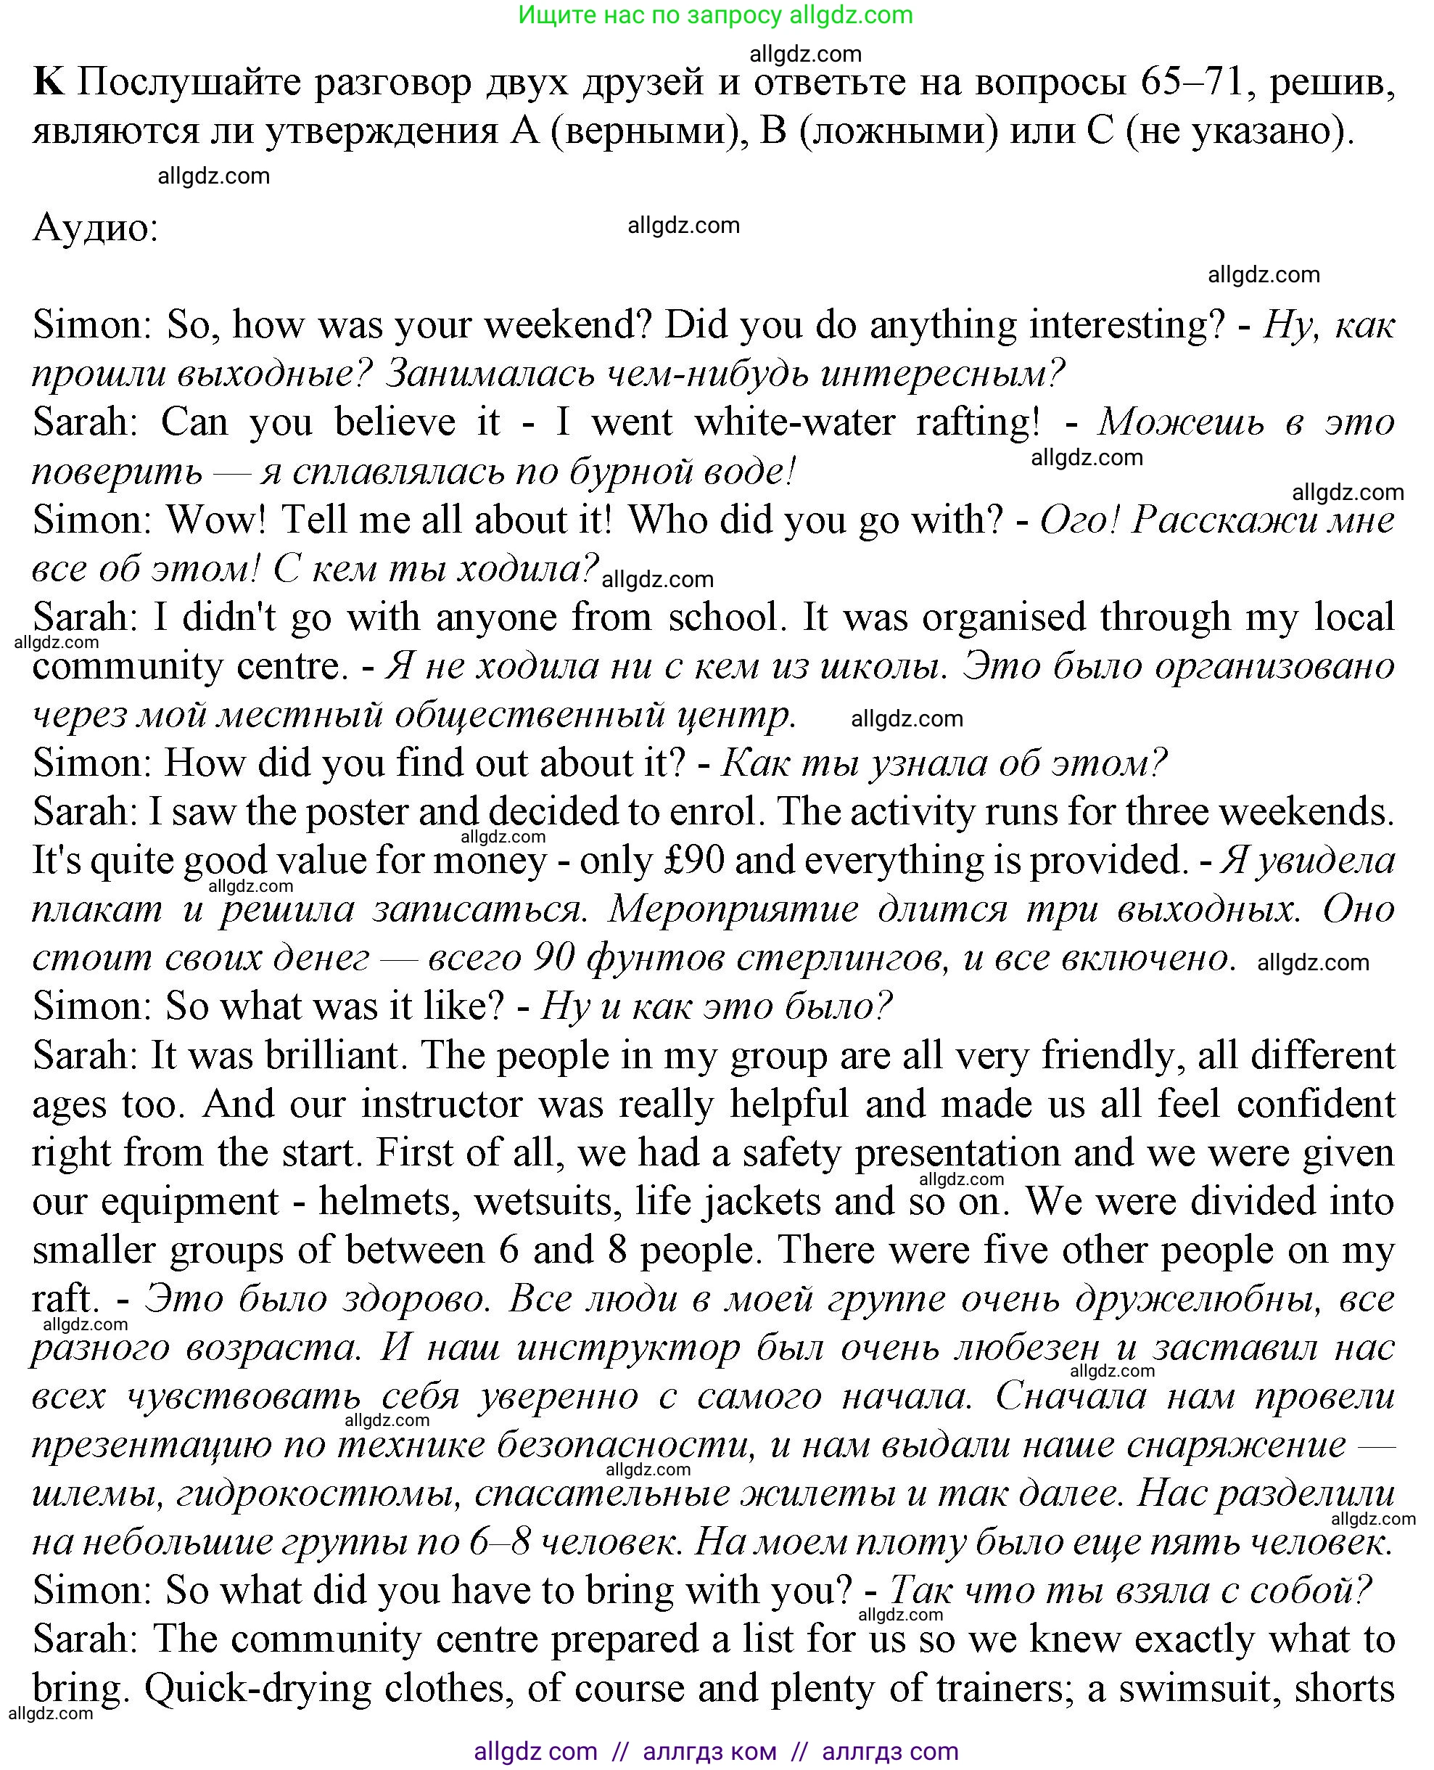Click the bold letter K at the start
tap(48, 83)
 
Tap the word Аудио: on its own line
tap(95, 228)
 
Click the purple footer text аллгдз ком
tap(709, 1751)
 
